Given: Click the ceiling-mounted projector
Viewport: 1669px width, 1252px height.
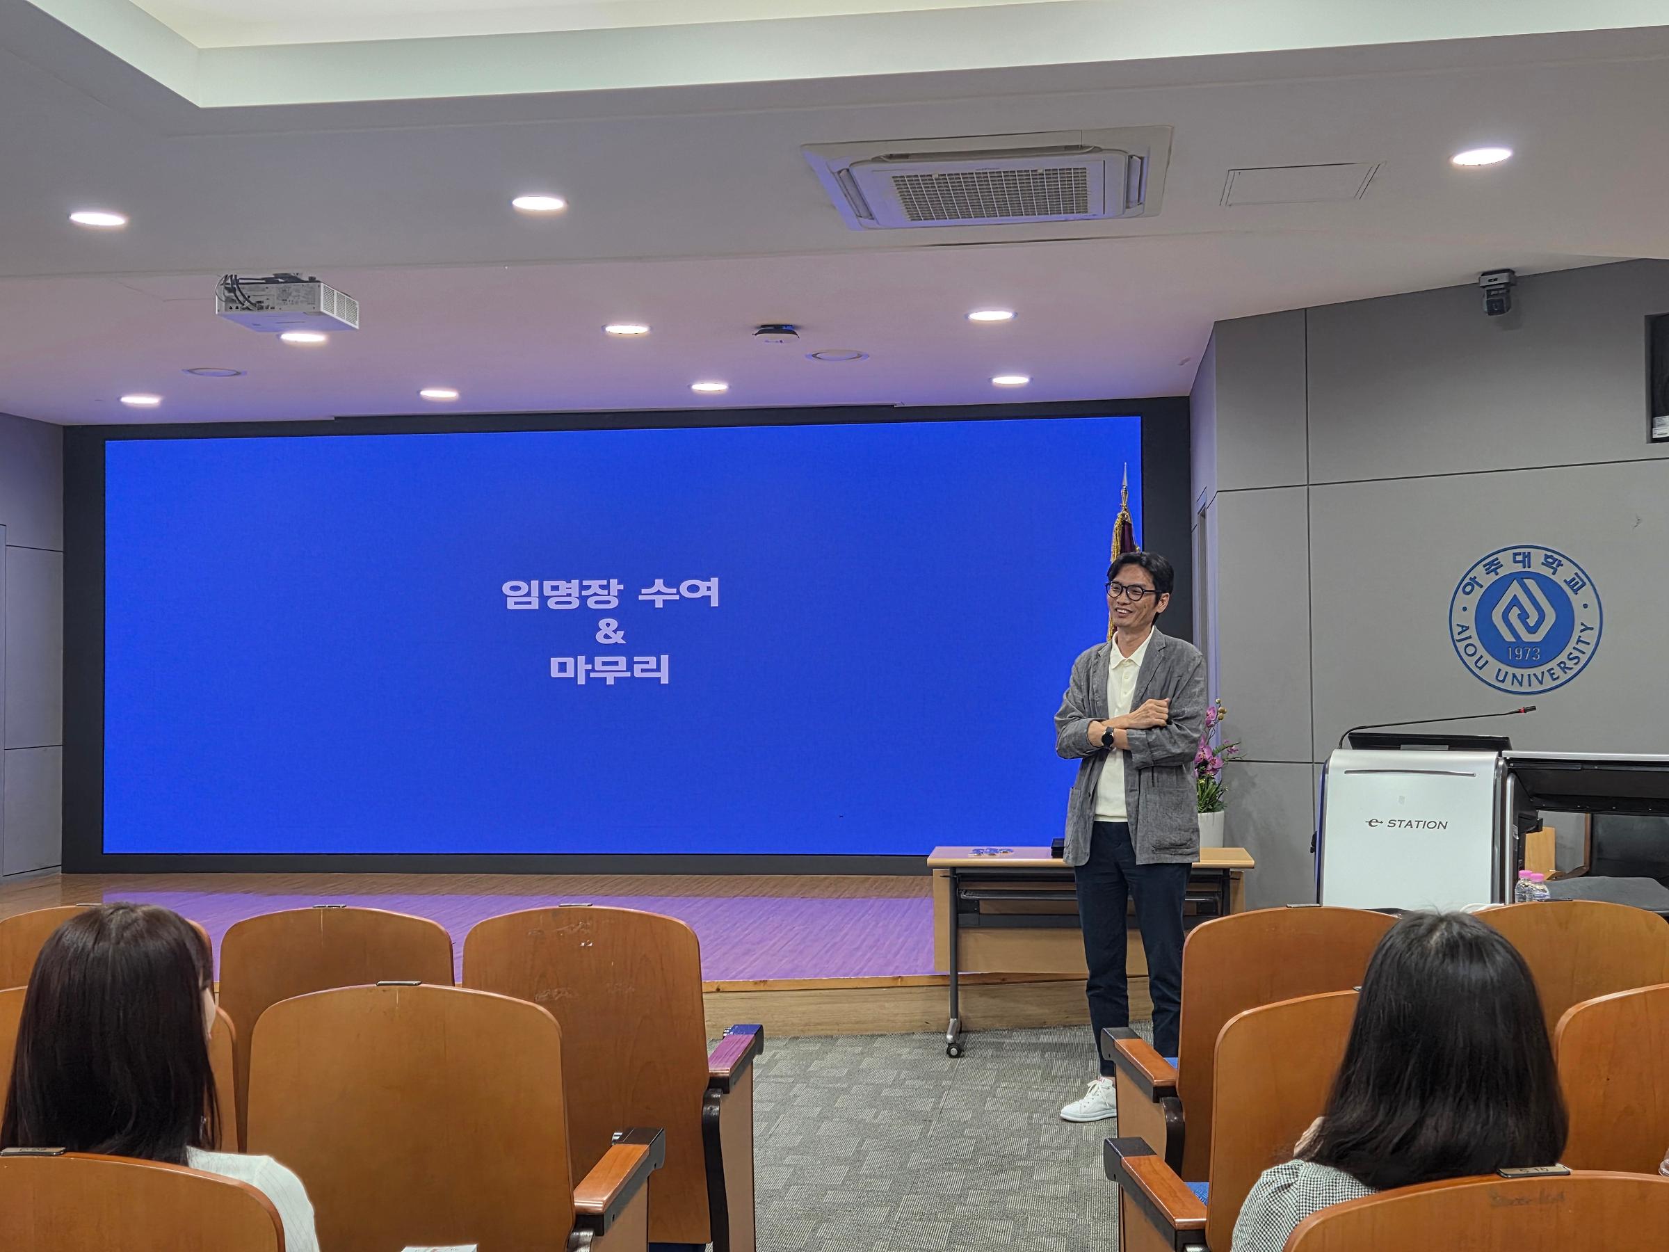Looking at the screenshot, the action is click(287, 302).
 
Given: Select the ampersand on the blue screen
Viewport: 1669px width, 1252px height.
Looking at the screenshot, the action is click(610, 633).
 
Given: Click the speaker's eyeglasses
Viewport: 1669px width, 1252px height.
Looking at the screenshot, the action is click(1131, 591).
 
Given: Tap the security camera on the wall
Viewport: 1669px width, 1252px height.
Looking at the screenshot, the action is click(1497, 293).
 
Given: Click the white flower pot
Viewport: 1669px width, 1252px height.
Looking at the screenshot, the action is click(1210, 828).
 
